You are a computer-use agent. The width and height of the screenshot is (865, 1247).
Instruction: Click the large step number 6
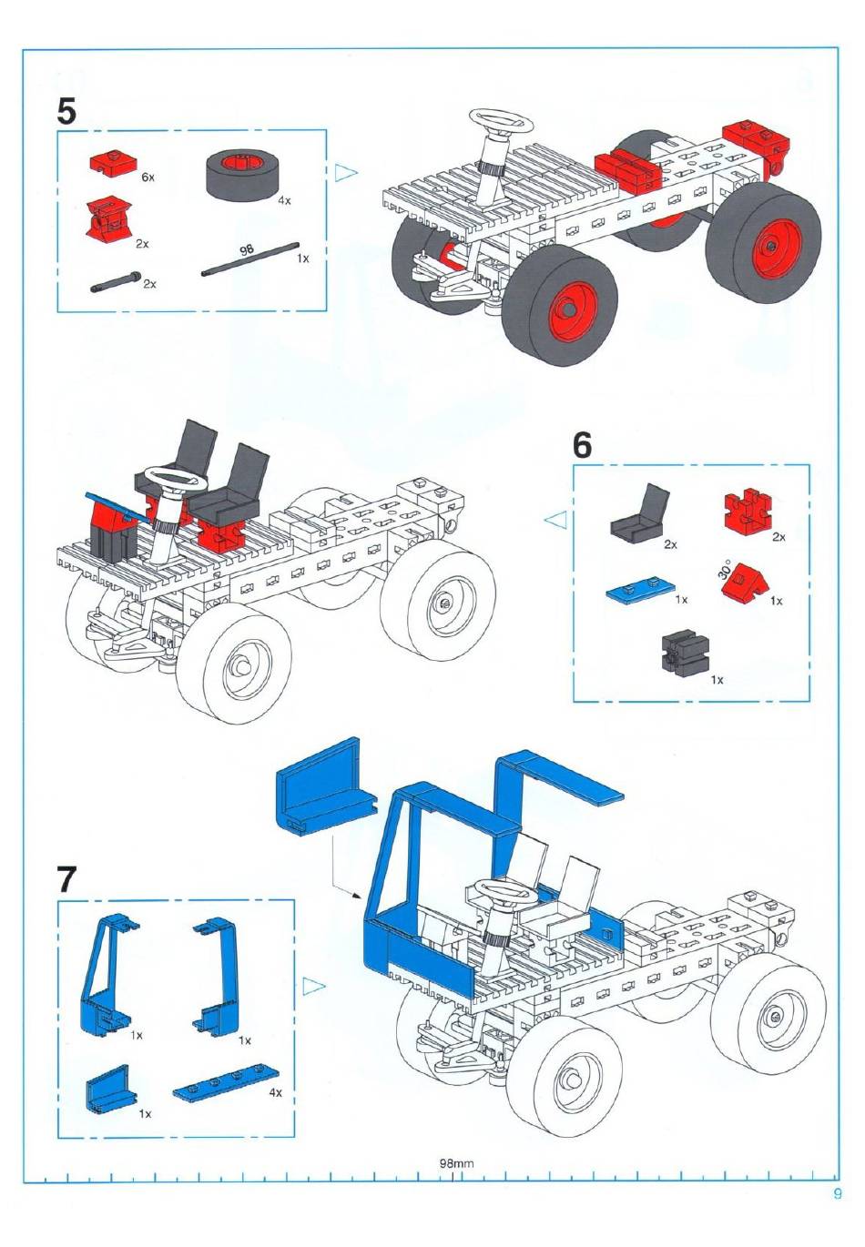click(582, 445)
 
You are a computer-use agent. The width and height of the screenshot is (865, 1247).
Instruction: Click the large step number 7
click(66, 880)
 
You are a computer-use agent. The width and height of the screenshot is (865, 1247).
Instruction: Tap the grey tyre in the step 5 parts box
click(243, 174)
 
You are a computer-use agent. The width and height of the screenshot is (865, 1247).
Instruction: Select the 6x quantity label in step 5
click(148, 177)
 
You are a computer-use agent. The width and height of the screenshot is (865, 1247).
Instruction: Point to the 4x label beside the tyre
click(284, 200)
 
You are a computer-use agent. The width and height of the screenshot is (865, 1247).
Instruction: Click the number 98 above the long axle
click(247, 250)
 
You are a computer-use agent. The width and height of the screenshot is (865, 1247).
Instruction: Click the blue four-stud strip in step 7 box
click(226, 1094)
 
